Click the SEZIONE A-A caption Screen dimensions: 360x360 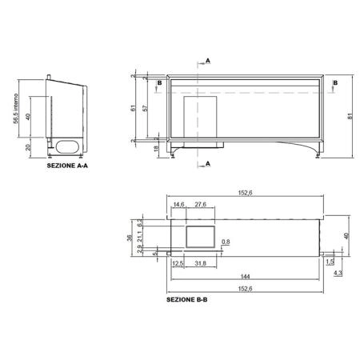point(67,166)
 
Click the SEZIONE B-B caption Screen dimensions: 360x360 point(186,299)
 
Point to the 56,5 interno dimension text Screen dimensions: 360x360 point(16,109)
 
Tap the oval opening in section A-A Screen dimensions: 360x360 point(67,146)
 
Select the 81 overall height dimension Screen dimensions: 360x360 point(350,116)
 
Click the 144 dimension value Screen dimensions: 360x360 point(245,277)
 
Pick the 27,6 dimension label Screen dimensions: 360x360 point(200,205)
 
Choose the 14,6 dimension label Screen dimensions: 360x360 point(178,205)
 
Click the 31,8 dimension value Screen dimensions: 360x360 point(200,263)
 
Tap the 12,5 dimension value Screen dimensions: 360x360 point(178,263)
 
